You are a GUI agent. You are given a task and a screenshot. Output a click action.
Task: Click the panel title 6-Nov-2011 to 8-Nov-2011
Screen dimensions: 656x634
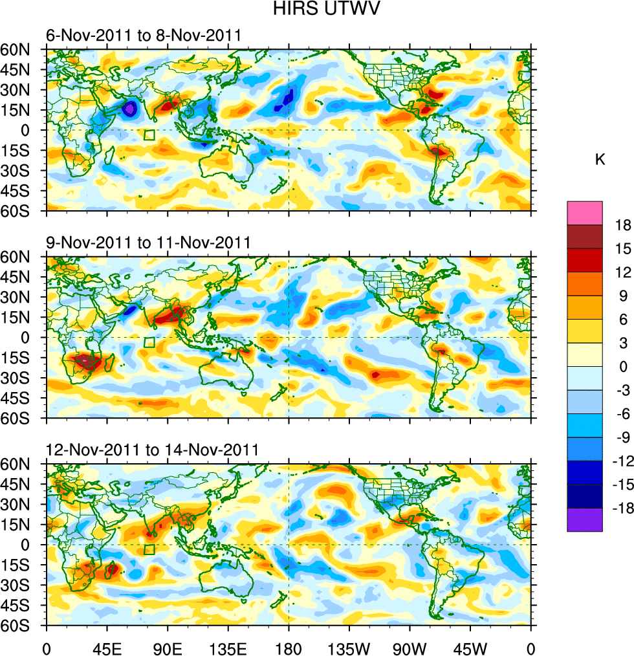coord(144,36)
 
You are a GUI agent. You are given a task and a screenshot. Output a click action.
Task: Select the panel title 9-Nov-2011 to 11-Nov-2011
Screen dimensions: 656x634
coord(149,243)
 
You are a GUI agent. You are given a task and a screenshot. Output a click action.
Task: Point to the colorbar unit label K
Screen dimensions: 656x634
coord(600,160)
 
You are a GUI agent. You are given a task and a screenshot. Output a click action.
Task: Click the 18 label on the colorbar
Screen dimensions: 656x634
coord(623,225)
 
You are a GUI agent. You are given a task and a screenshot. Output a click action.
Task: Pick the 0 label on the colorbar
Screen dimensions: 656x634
coord(623,367)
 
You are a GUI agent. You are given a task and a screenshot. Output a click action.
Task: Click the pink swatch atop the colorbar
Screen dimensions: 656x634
coord(585,213)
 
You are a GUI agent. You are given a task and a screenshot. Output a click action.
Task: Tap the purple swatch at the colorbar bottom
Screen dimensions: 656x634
coord(585,520)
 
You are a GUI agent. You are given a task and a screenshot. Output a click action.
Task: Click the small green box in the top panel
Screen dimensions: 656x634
coord(149,135)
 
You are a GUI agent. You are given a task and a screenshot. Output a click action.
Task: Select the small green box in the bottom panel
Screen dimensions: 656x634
coord(149,549)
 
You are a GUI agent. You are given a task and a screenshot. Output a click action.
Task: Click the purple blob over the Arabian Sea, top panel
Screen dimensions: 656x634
coord(130,109)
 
